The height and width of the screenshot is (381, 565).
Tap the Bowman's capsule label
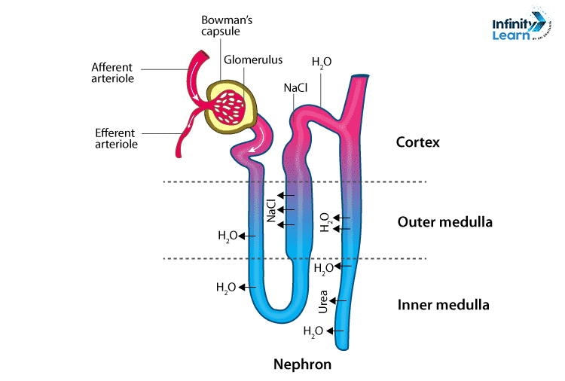pyautogui.click(x=222, y=25)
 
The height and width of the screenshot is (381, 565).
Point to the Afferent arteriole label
pyautogui.click(x=112, y=71)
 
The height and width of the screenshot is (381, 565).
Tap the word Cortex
pyautogui.click(x=417, y=142)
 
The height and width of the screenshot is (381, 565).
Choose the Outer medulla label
pyautogui.click(x=444, y=222)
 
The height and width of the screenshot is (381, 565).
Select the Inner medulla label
pyautogui.click(x=444, y=305)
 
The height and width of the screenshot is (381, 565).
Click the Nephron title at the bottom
pyautogui.click(x=302, y=364)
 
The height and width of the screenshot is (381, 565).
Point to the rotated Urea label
pyautogui.click(x=323, y=302)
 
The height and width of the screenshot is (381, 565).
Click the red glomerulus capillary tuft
pyautogui.click(x=234, y=105)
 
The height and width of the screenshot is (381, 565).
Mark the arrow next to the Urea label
pyautogui.click(x=338, y=301)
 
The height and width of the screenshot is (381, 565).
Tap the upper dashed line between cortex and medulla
pyautogui.click(x=294, y=181)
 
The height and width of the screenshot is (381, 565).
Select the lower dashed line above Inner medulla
pyautogui.click(x=294, y=259)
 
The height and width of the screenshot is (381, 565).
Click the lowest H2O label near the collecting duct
pyautogui.click(x=313, y=331)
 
